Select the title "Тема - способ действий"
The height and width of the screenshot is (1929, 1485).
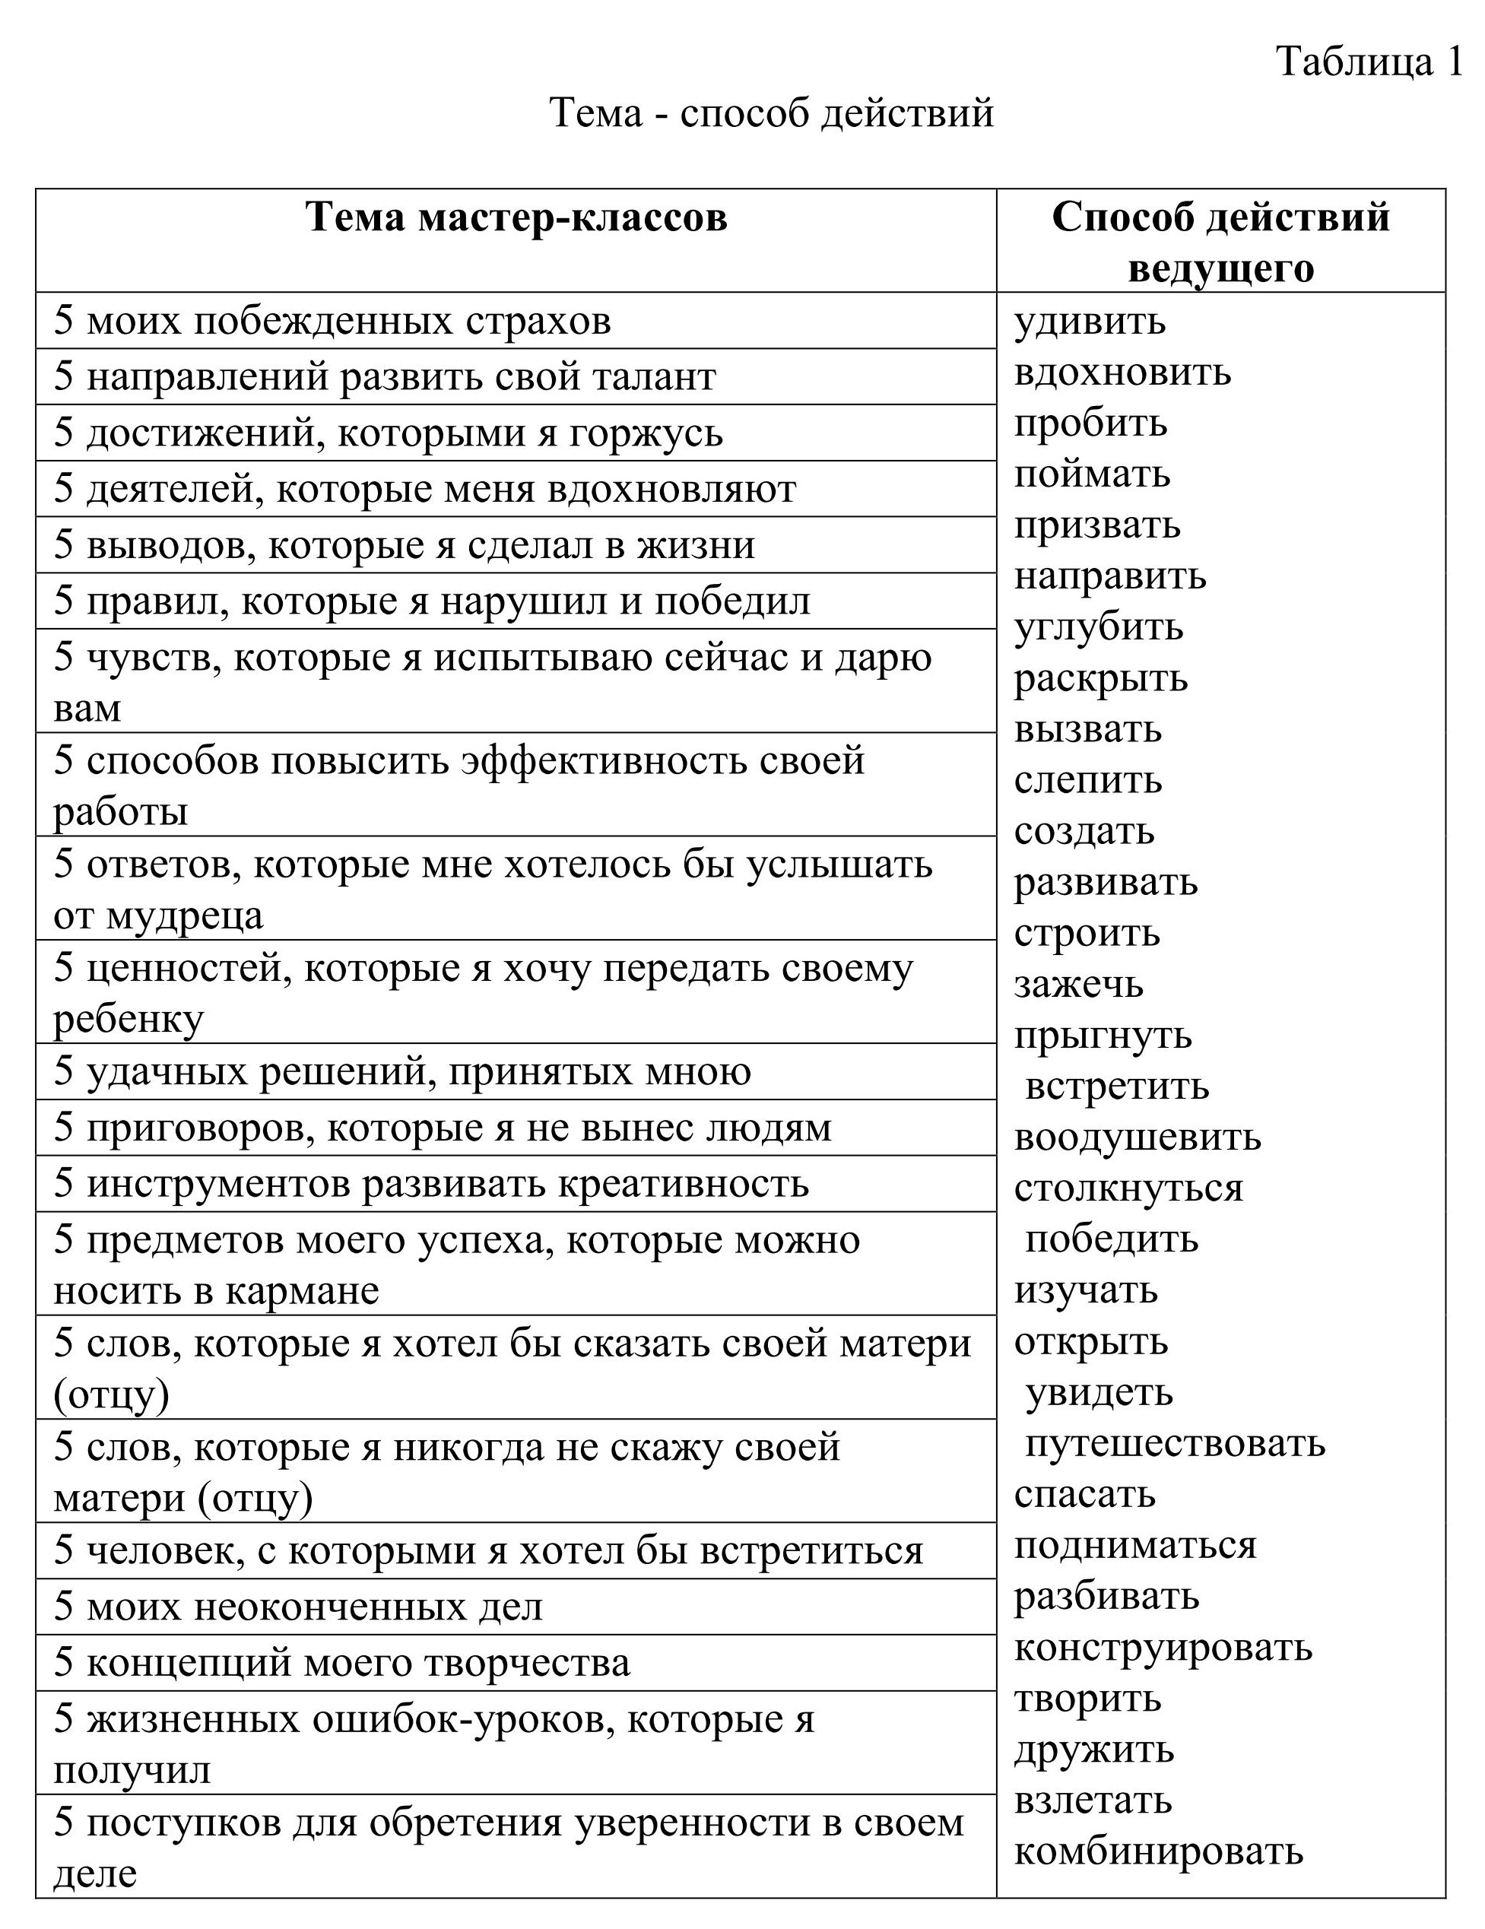[771, 113]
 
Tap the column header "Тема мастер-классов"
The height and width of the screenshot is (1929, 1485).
[517, 217]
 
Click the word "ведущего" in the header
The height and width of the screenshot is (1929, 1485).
[1221, 268]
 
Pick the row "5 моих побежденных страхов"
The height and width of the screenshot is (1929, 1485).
[332, 321]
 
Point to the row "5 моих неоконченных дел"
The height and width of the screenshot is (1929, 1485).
[299, 1606]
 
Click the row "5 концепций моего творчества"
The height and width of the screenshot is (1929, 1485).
[342, 1662]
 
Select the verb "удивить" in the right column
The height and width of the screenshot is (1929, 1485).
[1090, 321]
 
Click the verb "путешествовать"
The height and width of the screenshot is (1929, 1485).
[1175, 1443]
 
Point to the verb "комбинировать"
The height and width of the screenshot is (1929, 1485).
[1158, 1851]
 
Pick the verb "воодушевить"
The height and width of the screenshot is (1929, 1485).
[1137, 1137]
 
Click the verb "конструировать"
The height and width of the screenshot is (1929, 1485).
[1163, 1647]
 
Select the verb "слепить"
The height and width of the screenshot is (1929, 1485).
[1087, 780]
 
